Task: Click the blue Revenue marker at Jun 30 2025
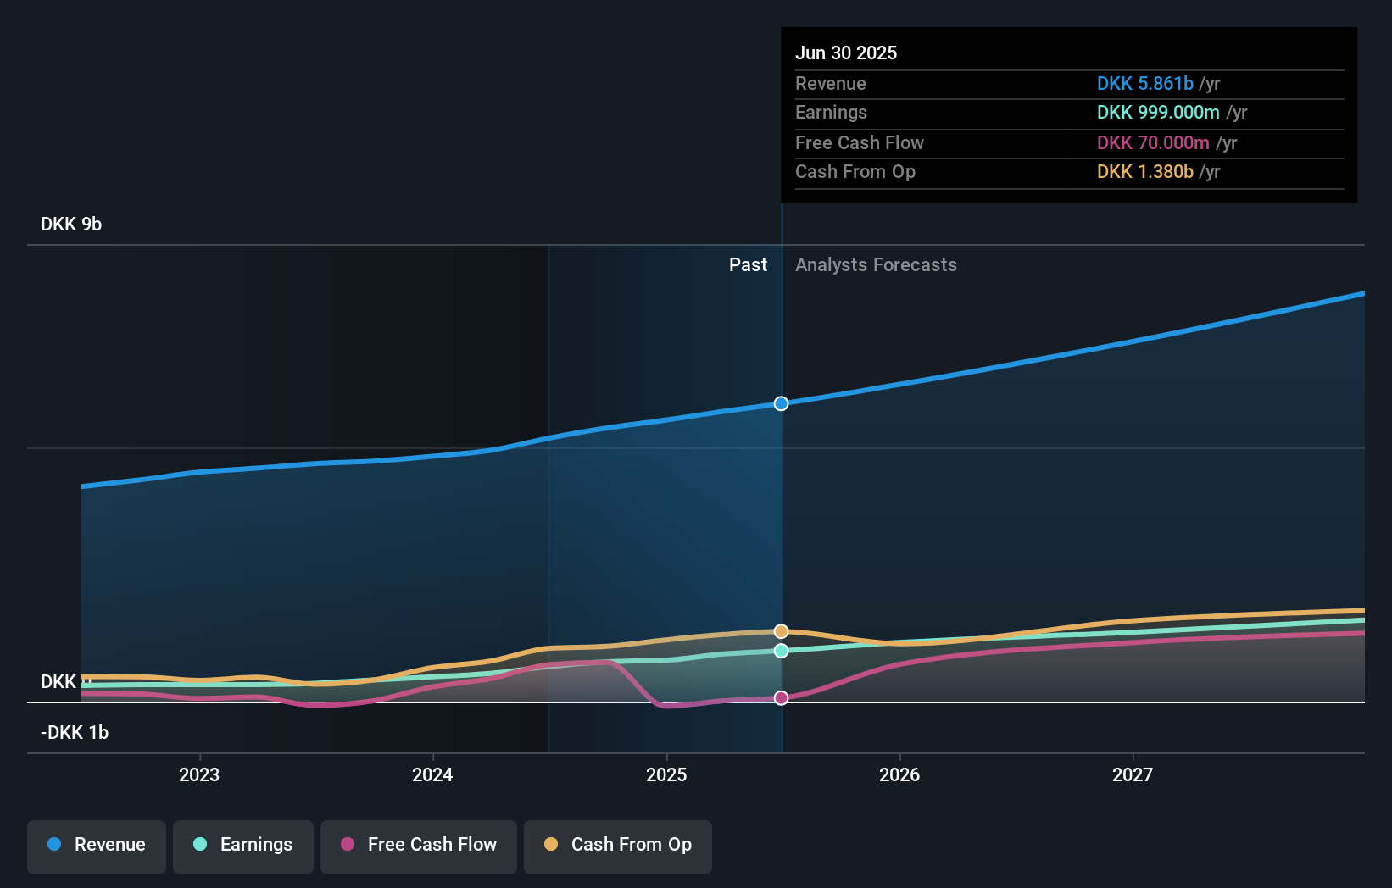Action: click(781, 403)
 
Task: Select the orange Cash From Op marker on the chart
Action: click(781, 631)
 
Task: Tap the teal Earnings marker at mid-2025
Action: click(781, 651)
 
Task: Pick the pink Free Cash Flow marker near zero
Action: click(781, 697)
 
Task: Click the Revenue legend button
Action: click(97, 845)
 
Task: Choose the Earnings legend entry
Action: click(243, 845)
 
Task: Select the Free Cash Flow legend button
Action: click(419, 845)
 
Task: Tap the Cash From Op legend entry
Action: click(618, 845)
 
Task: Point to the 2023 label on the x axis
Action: click(199, 774)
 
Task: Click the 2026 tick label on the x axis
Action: click(899, 774)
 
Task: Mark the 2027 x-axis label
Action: click(1133, 774)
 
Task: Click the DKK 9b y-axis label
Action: click(71, 225)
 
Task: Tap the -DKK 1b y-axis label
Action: click(75, 733)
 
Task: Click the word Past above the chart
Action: click(748, 265)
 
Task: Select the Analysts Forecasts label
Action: click(876, 265)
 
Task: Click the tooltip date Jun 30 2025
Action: click(846, 53)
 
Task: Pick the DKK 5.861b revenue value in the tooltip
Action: click(1144, 84)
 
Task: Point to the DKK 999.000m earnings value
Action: click(1158, 113)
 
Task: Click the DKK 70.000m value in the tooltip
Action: click(1153, 143)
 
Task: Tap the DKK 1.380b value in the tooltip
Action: click(1144, 172)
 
